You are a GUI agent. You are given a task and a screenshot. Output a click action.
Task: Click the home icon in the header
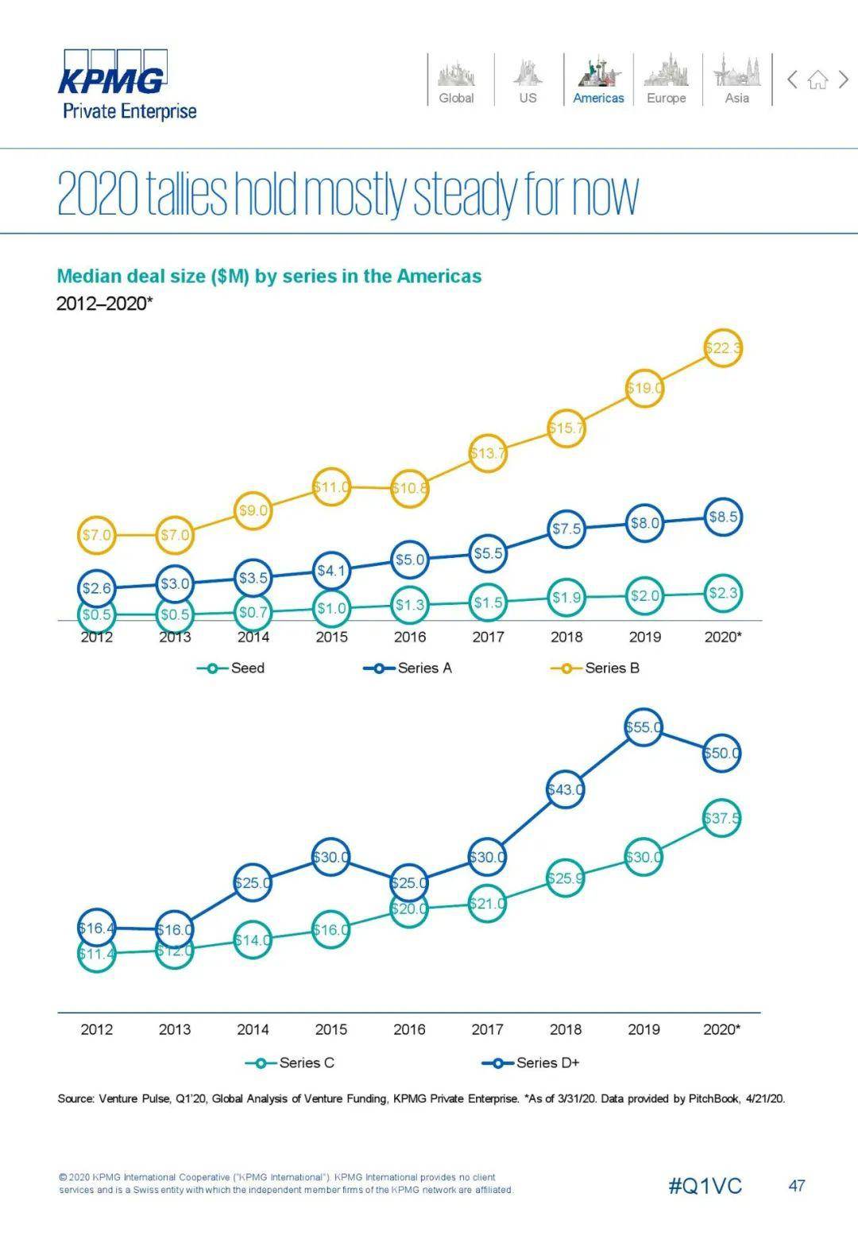tap(817, 79)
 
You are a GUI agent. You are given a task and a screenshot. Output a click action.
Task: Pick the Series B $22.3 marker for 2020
tap(723, 347)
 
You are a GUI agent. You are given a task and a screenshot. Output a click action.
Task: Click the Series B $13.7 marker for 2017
tap(487, 453)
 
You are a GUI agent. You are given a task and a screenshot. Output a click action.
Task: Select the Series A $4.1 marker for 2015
tap(331, 570)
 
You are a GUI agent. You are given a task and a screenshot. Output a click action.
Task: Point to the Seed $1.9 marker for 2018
tap(566, 598)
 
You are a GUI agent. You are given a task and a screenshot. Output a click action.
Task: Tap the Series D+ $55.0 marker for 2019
tap(643, 727)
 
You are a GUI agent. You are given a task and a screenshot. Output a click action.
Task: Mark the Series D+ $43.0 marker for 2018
tap(566, 789)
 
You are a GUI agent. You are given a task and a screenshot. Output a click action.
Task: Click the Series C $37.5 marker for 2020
tap(721, 818)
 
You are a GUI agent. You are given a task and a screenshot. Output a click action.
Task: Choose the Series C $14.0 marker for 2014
tap(253, 940)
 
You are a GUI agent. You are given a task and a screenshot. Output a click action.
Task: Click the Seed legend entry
tap(231, 668)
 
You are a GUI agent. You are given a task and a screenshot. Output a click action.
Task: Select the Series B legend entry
tap(595, 668)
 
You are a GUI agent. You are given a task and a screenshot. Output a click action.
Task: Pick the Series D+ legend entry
tap(531, 1063)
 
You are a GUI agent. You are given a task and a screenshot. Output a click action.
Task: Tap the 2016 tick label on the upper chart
tap(409, 637)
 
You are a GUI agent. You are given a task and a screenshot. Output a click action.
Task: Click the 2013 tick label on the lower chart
tap(175, 1029)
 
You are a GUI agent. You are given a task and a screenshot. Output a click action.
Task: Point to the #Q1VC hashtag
tap(705, 1186)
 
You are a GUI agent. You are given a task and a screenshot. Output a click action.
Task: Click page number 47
tap(796, 1186)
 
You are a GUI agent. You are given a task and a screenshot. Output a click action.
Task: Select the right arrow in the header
tap(844, 79)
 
